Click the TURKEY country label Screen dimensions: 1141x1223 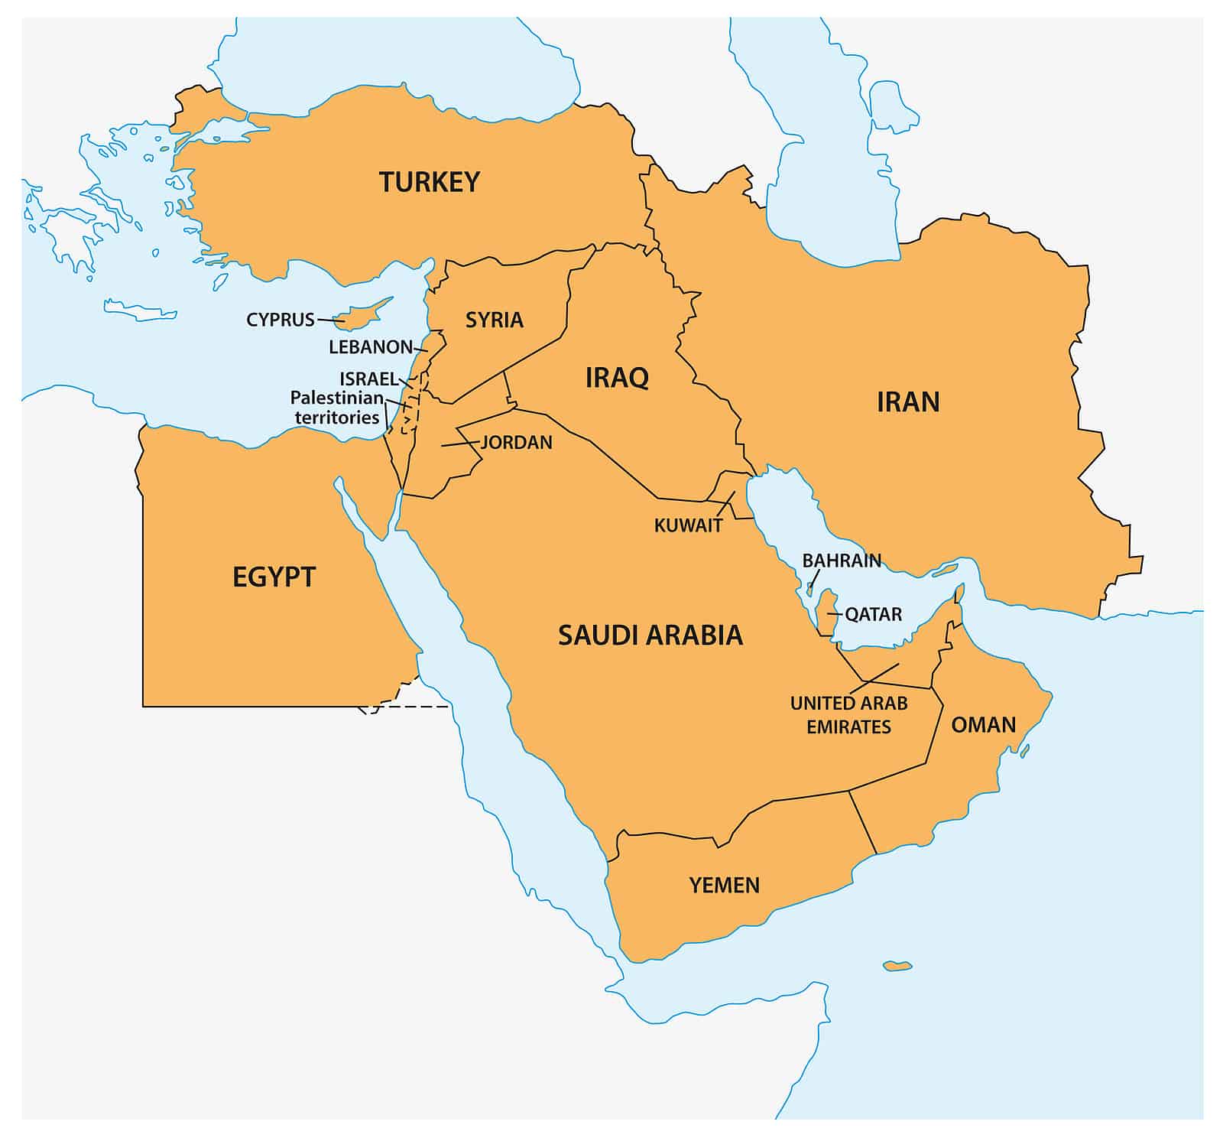coord(430,182)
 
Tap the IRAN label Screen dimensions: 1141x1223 coord(908,402)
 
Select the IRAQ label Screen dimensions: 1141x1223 coord(617,378)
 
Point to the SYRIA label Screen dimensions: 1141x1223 coord(495,320)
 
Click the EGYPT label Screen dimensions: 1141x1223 coord(274,577)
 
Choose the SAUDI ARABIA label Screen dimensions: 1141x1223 coord(650,635)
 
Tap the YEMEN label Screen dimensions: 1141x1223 coord(725,886)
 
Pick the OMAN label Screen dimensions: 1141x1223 coord(983,724)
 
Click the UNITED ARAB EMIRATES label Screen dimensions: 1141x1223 coord(848,714)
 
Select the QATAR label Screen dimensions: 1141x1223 coord(873,614)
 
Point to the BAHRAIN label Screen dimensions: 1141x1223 coord(842,561)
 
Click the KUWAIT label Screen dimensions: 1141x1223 coord(688,525)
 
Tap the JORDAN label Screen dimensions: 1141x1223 coord(516,442)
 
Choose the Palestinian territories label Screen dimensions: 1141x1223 coord(337,408)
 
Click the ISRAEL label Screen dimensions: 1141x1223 coord(368,379)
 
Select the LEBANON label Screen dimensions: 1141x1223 coord(371,347)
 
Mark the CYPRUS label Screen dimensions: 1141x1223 coord(281,320)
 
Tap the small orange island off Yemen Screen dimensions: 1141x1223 coord(897,966)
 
